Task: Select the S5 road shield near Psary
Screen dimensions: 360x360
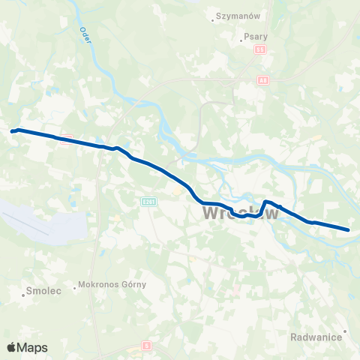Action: coord(260,49)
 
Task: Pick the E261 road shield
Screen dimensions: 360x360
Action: coord(148,202)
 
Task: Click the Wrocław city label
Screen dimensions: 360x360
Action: coord(241,214)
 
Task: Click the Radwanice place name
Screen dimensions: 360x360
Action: coord(316,337)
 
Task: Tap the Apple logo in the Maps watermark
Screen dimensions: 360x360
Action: coord(12,347)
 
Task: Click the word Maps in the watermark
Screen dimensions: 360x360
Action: coord(33,347)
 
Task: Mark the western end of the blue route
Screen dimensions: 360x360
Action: coord(13,131)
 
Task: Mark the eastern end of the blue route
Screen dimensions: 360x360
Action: coord(348,229)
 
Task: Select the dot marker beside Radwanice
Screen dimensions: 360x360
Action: coord(345,331)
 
